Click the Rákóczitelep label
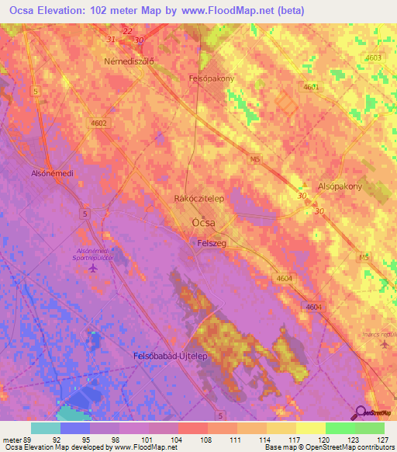coord(199,199)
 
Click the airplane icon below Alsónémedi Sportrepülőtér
coord(94,269)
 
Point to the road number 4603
coord(373,58)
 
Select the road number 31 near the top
coord(111,39)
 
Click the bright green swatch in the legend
coord(340,428)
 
